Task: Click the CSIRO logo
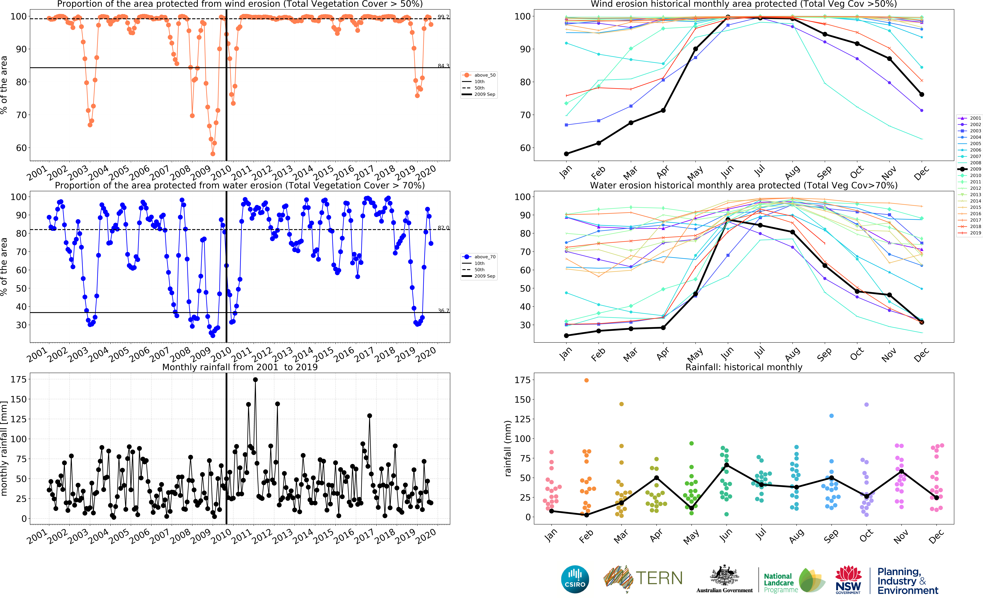(575, 579)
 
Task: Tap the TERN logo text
(659, 578)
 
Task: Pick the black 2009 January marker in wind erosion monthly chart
(566, 154)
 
